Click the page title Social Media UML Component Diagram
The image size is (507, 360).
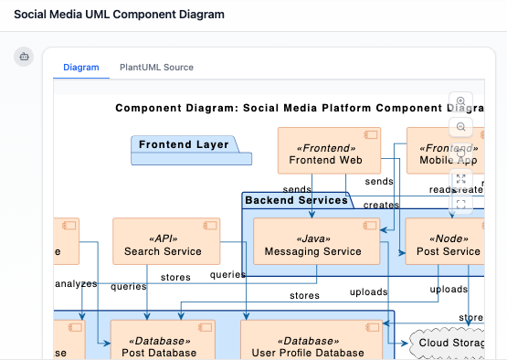(x=119, y=15)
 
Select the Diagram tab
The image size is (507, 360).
(x=81, y=68)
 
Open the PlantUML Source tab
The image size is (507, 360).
(x=156, y=68)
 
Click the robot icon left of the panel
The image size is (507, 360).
(x=24, y=57)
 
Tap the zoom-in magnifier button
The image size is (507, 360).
(x=461, y=102)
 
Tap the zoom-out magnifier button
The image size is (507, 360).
(x=461, y=127)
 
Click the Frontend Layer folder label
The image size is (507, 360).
(x=185, y=144)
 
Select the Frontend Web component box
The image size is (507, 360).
(x=325, y=151)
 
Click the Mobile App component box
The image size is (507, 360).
(x=447, y=151)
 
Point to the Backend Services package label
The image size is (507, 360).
(x=297, y=200)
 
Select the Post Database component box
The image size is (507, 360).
(x=159, y=342)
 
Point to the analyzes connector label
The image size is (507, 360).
(x=76, y=284)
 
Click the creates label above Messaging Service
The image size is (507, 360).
(x=381, y=206)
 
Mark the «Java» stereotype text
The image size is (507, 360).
(x=312, y=237)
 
